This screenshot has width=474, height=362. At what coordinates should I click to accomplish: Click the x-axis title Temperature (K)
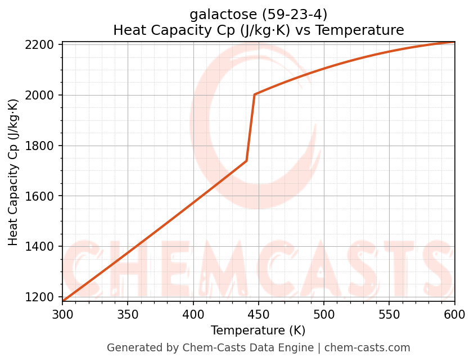[x=258, y=331]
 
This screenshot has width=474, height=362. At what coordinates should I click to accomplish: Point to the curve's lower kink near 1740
[x=246, y=161]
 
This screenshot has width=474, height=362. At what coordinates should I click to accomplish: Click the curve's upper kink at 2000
[x=255, y=94]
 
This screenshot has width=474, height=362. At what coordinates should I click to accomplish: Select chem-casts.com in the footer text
[x=367, y=348]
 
